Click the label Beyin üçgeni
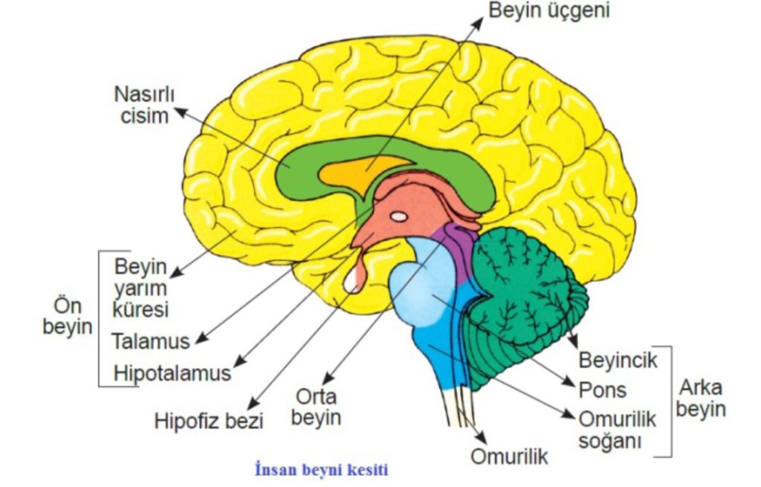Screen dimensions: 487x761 tap(548, 11)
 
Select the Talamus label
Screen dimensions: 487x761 tap(151, 341)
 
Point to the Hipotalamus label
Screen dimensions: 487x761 tap(172, 372)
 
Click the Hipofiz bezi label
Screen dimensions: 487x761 tap(209, 421)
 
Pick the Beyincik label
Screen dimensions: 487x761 tap(618, 361)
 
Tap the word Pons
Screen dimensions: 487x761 tap(603, 390)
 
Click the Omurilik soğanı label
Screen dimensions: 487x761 tap(618, 430)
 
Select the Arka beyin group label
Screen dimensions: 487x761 tap(701, 399)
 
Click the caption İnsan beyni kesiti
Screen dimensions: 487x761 tap(322, 470)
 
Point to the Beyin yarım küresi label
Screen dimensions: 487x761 tap(141, 287)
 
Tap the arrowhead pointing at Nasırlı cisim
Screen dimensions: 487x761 tap(179, 112)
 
